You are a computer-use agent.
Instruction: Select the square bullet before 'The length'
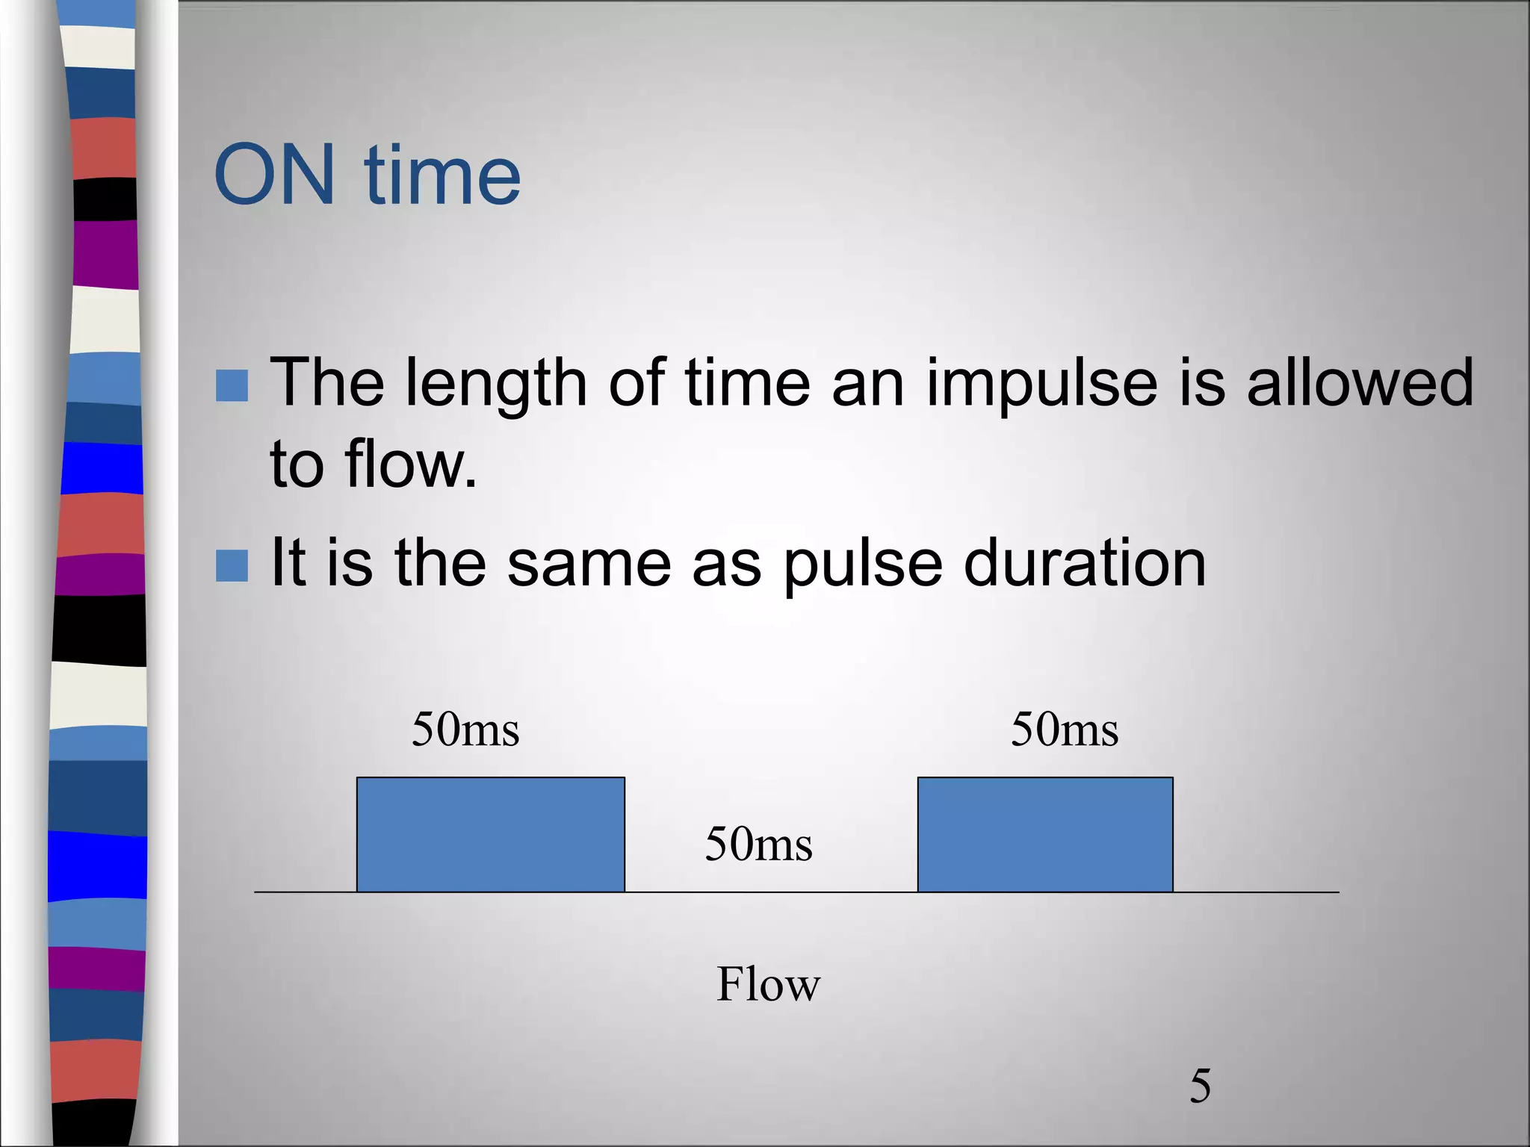(232, 386)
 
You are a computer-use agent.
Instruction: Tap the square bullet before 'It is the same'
(232, 565)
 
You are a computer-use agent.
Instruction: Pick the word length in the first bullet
(496, 385)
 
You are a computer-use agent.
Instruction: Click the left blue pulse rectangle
(491, 834)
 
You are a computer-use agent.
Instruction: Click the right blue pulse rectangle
(1045, 834)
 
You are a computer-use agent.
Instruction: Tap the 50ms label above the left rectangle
(465, 730)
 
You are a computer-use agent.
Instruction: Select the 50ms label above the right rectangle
(1065, 730)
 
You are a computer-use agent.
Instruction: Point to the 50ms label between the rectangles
(758, 845)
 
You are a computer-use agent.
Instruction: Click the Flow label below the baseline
(768, 983)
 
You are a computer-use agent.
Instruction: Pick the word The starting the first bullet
(327, 383)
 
